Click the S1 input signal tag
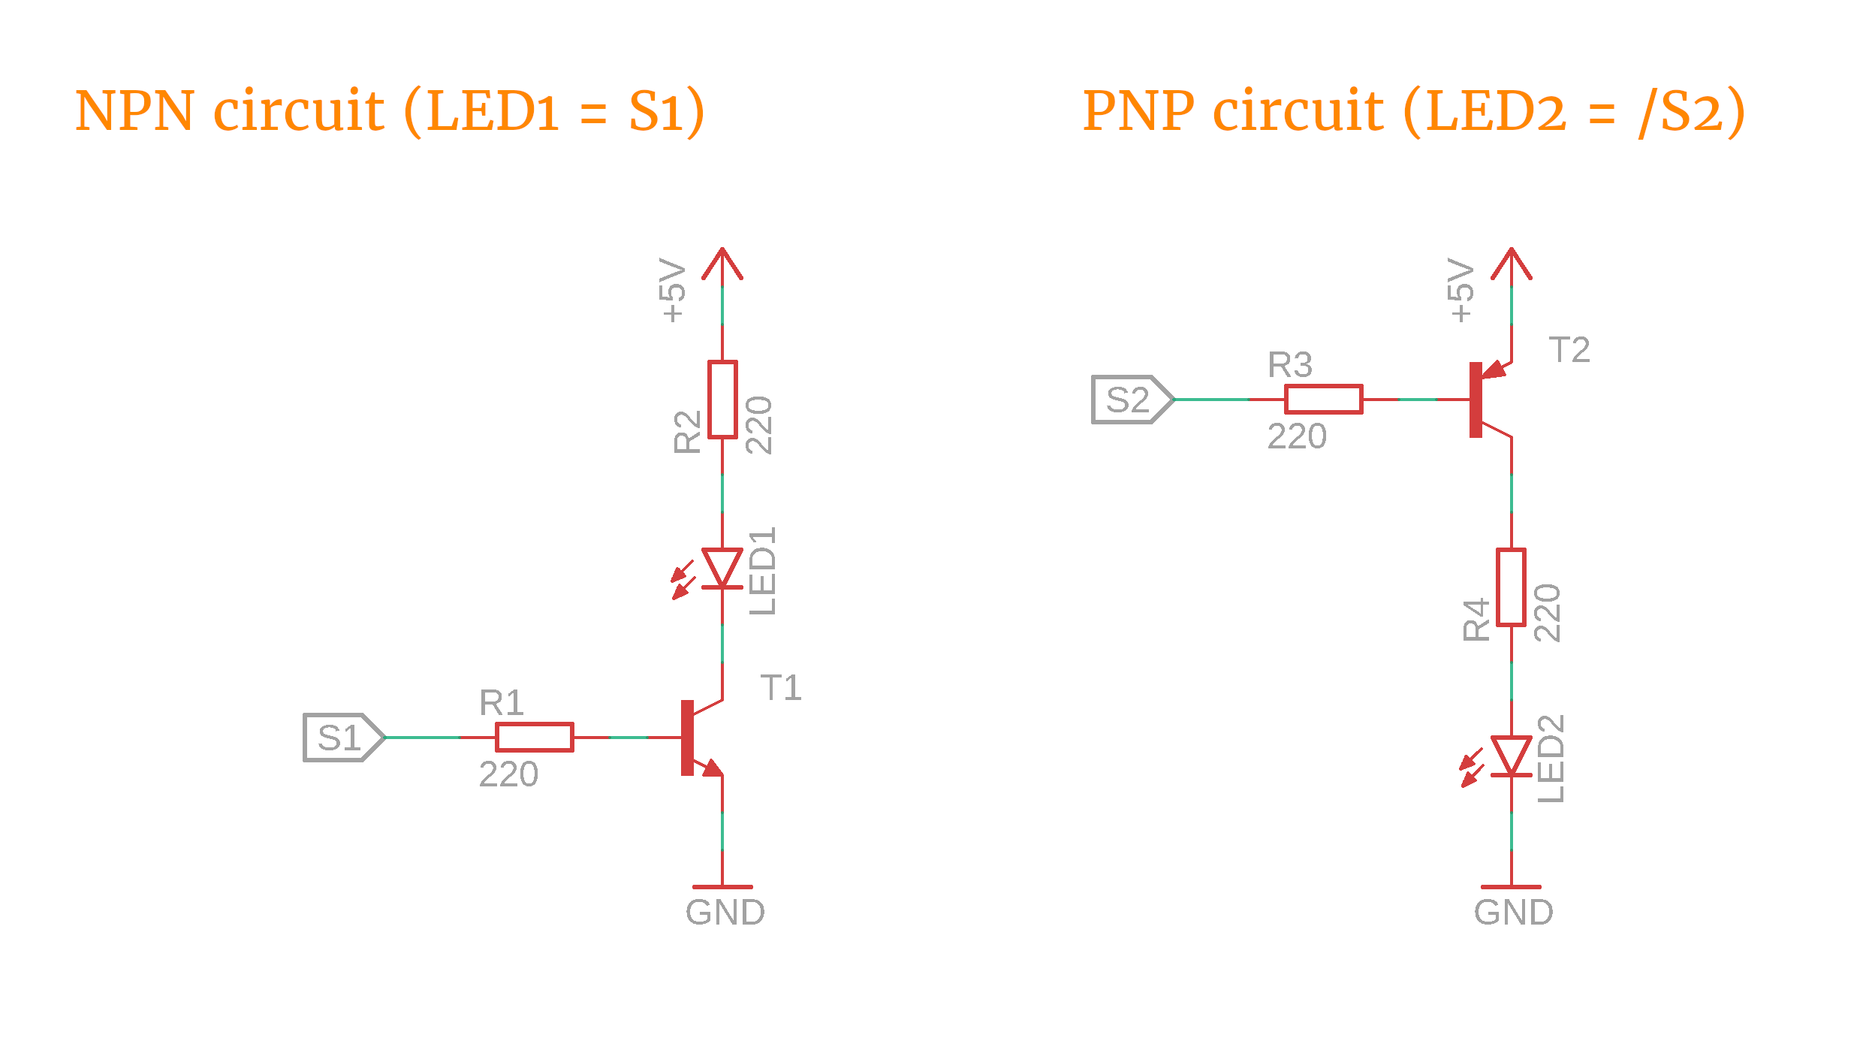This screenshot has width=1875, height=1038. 342,738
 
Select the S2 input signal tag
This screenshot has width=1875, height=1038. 1131,400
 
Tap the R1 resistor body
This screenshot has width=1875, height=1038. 535,738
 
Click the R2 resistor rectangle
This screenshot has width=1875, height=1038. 722,400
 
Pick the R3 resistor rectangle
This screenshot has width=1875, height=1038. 1323,400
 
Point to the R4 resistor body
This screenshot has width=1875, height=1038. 1511,587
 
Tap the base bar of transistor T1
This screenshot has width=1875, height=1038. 687,738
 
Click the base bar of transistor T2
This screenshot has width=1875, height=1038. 1476,400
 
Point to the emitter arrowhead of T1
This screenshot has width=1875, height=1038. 712,768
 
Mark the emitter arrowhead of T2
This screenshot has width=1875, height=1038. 1494,370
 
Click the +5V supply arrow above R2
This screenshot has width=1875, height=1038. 722,264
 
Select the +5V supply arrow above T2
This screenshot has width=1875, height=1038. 1511,264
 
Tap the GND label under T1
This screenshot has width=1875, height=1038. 725,913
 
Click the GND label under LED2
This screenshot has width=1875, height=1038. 1513,913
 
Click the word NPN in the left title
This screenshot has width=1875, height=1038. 135,111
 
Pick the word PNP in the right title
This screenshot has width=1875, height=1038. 1138,111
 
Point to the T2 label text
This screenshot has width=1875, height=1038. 1569,350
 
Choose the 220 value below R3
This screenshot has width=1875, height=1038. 1297,436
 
